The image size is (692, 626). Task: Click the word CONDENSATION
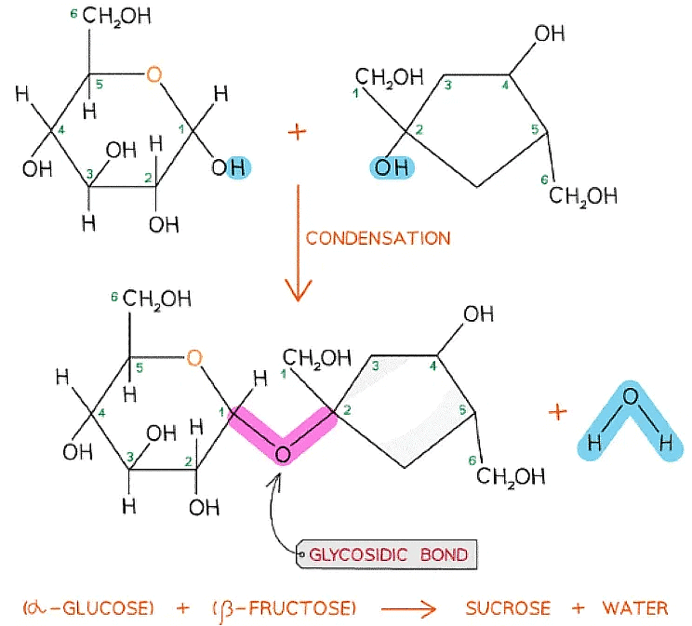[377, 237]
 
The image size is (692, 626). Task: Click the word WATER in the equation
[634, 609]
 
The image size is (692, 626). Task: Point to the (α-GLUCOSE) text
[87, 609]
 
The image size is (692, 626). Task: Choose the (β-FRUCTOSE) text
[283, 609]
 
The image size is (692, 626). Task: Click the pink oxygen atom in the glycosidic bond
[283, 453]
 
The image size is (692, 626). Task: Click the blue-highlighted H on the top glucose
[236, 167]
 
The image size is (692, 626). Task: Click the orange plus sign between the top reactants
[297, 132]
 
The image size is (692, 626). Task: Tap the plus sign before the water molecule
[559, 412]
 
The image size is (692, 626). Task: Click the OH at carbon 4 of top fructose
[548, 34]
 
